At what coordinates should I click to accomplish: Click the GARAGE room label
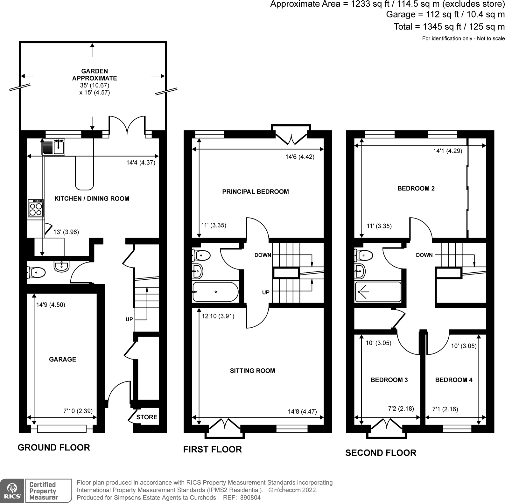62,359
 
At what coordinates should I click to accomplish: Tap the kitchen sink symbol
54,147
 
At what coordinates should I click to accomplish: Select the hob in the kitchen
36,209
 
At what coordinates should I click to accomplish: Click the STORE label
147,417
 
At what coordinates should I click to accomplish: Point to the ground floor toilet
36,272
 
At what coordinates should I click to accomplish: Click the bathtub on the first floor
215,292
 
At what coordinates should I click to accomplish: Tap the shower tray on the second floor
378,292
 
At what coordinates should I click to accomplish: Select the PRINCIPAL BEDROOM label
256,192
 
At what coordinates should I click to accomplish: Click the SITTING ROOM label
252,371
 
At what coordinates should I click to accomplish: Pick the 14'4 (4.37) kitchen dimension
141,163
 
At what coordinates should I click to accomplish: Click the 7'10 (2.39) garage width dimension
78,411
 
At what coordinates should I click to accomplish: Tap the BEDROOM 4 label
453,380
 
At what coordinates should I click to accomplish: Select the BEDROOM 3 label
389,380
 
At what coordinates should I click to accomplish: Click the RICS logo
12,491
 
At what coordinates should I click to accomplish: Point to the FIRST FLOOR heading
212,450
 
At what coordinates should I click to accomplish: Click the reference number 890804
250,498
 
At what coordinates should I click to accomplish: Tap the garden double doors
127,126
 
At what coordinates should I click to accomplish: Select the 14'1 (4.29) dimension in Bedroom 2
447,151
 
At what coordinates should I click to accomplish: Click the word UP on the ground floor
129,319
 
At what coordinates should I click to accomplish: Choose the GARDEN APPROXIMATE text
95,75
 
